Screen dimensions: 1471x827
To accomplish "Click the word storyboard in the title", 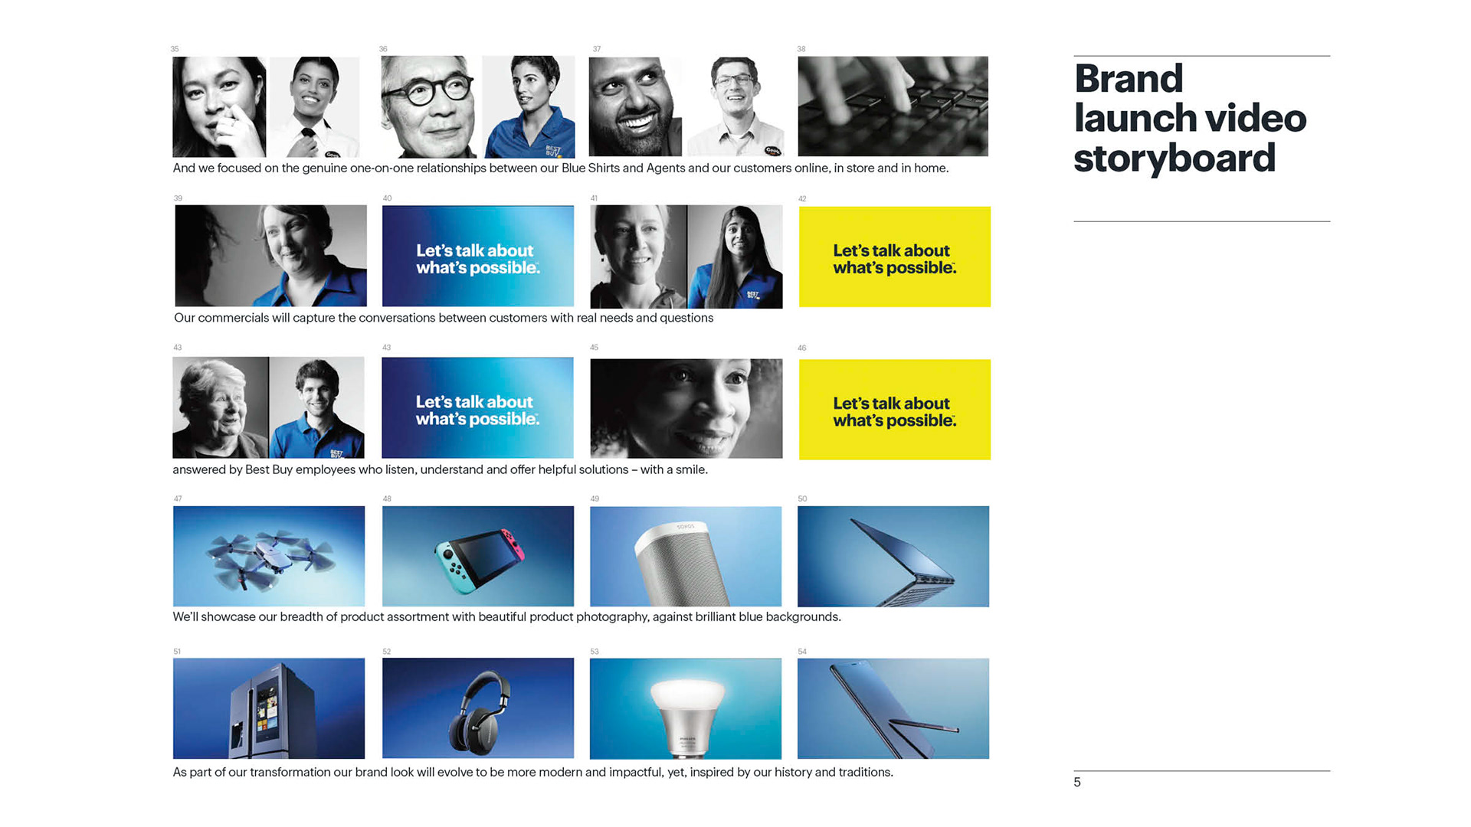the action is (x=1175, y=159).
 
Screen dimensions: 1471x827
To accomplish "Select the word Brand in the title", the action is (x=1129, y=78).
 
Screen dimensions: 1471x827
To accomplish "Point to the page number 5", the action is (x=1077, y=782).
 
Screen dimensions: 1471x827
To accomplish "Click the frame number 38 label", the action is (x=801, y=49).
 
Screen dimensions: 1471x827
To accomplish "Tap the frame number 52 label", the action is (x=387, y=652).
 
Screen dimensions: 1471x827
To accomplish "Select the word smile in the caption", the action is (x=691, y=469).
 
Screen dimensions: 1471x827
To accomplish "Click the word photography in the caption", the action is (x=611, y=617).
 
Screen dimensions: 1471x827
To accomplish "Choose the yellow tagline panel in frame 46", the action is (x=895, y=410).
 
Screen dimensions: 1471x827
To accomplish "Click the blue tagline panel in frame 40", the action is (x=478, y=256).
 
